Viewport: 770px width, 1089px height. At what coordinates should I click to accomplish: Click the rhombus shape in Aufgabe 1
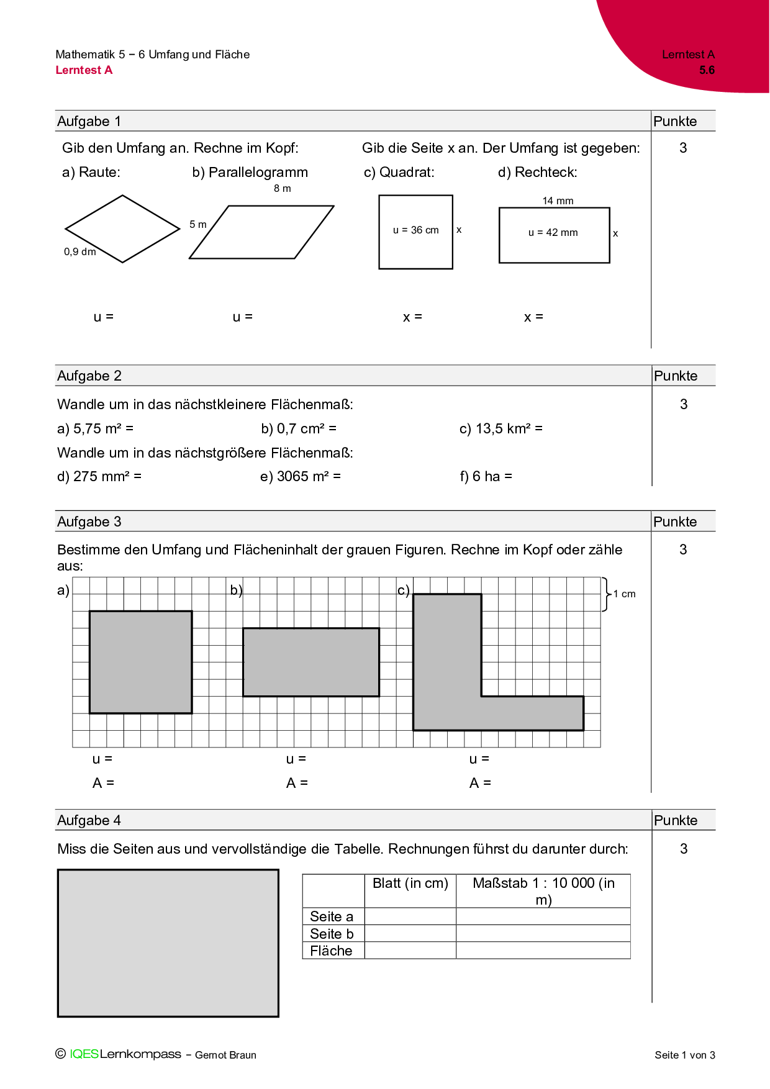point(122,229)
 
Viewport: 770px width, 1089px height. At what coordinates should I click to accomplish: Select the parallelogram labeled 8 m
point(261,232)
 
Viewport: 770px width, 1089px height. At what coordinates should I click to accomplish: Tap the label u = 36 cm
point(415,230)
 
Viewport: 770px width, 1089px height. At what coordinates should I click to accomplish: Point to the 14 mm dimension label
point(558,201)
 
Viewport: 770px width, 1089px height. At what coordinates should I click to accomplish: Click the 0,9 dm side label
point(79,251)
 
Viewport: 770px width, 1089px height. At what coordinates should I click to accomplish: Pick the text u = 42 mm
point(553,233)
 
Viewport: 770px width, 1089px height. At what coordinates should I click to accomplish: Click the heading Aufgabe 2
point(89,376)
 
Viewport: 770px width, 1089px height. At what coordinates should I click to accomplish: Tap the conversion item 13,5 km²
point(500,428)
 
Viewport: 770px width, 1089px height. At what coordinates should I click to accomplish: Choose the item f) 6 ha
point(486,476)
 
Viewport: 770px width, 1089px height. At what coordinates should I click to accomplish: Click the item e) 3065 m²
point(300,476)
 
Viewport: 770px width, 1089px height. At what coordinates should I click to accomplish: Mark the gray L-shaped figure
point(447,683)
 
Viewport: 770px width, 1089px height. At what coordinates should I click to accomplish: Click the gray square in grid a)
point(141,662)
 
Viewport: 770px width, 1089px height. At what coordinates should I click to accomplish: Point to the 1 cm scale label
point(624,594)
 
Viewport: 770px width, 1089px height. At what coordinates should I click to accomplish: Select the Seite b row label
point(332,934)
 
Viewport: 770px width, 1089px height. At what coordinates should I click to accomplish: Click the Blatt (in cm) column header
point(410,883)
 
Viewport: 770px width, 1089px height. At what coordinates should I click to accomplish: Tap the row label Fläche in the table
point(331,951)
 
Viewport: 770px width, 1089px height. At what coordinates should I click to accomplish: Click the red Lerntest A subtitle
point(84,70)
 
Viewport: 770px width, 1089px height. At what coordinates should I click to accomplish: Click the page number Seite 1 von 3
point(684,1055)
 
